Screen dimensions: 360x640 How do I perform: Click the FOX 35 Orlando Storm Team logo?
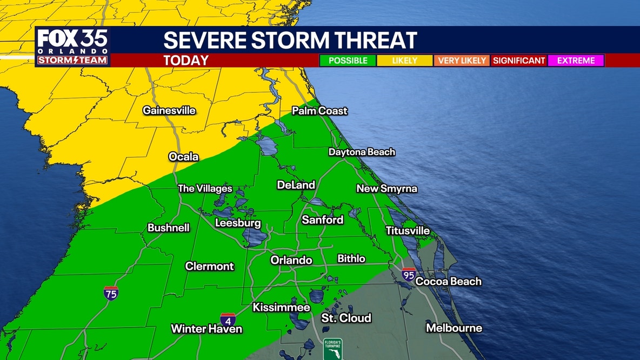click(73, 47)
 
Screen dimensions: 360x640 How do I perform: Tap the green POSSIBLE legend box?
click(348, 61)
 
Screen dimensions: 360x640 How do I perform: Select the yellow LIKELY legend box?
click(404, 61)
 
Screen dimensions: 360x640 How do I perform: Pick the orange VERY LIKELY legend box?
click(462, 61)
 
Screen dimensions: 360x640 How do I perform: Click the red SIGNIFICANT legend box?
click(519, 61)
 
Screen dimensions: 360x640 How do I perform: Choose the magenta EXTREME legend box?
click(576, 61)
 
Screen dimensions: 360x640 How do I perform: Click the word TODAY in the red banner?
click(186, 61)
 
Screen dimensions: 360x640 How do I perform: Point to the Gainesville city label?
click(169, 110)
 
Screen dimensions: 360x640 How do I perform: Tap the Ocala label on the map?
click(184, 157)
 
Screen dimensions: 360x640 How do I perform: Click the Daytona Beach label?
click(362, 152)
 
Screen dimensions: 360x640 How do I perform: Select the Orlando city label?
click(291, 260)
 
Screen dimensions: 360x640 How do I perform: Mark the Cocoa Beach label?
click(448, 281)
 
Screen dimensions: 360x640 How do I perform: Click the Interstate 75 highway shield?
click(111, 293)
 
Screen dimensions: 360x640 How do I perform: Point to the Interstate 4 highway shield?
click(228, 319)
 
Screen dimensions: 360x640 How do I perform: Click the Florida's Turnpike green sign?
click(332, 349)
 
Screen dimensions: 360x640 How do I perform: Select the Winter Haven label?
click(206, 329)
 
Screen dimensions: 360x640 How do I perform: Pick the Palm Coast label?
click(319, 111)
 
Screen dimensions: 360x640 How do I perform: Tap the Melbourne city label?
click(454, 328)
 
